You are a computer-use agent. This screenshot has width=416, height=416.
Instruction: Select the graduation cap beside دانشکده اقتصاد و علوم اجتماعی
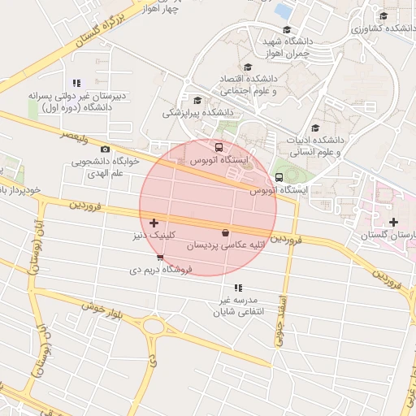247,68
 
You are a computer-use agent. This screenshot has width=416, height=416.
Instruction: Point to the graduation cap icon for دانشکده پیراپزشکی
197,101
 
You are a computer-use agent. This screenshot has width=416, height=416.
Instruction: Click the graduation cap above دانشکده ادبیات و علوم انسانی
315,127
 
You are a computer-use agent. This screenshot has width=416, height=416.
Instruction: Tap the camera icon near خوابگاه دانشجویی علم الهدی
105,149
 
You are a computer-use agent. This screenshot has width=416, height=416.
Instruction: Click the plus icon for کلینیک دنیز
154,223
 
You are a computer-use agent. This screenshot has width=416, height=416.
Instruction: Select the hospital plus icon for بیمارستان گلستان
393,222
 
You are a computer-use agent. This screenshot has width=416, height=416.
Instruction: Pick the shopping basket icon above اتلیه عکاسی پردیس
225,233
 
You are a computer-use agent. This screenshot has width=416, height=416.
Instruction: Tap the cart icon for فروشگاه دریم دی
160,258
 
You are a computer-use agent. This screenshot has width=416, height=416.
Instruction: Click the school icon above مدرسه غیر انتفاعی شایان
238,288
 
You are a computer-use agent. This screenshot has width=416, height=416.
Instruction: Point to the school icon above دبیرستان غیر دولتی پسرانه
76,83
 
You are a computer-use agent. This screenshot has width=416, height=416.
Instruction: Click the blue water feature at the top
284,11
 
